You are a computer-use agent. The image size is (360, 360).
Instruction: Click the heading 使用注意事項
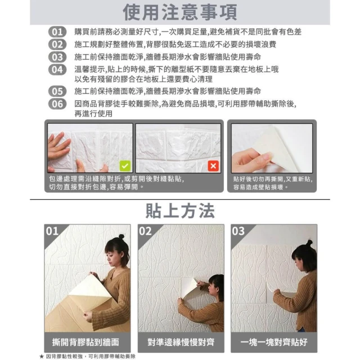tap(180, 12)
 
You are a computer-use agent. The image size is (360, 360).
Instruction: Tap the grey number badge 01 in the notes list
tap(57, 32)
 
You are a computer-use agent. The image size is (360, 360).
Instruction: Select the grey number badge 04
tap(57, 70)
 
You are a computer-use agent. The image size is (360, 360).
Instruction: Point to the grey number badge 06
tap(57, 104)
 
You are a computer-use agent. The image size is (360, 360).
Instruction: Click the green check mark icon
tap(125, 166)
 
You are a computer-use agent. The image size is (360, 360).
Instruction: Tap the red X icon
tap(213, 166)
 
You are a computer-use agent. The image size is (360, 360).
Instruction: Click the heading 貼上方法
tap(180, 211)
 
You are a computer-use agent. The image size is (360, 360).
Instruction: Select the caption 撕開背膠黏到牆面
tap(85, 342)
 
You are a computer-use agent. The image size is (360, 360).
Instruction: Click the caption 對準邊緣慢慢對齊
tap(181, 342)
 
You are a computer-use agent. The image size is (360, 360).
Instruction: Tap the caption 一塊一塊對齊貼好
tap(274, 342)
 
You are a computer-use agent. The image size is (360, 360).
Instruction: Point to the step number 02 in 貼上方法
tap(145, 231)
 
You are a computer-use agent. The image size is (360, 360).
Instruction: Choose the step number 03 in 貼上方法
tap(238, 231)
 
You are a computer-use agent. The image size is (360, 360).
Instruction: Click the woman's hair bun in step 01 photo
tap(121, 236)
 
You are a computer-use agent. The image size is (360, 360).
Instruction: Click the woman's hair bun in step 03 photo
tap(309, 242)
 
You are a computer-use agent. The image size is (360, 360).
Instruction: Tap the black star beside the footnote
tap(42, 356)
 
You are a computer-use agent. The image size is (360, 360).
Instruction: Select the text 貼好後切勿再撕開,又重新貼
tap(273, 179)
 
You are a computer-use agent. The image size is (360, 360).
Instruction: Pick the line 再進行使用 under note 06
tap(93, 114)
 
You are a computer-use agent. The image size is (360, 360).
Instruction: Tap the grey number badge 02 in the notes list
tap(57, 44)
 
